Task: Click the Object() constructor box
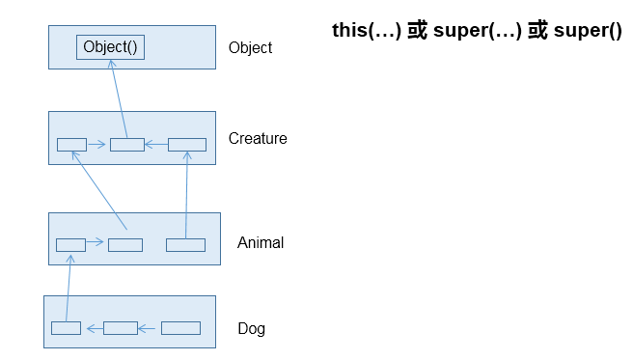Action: click(110, 47)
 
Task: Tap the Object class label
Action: click(250, 47)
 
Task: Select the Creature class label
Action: click(258, 138)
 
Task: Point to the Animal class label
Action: click(261, 242)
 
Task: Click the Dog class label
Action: click(251, 328)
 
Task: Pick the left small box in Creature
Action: click(71, 145)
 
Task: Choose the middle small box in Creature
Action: click(126, 145)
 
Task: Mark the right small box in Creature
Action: click(187, 145)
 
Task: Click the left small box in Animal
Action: click(70, 244)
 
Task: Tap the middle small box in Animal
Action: click(125, 244)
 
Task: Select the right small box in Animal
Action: click(185, 244)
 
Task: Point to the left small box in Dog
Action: click(66, 328)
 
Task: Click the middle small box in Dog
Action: click(121, 328)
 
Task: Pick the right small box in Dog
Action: click(180, 328)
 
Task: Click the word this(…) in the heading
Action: click(365, 31)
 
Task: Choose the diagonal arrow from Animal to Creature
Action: click(98, 194)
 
